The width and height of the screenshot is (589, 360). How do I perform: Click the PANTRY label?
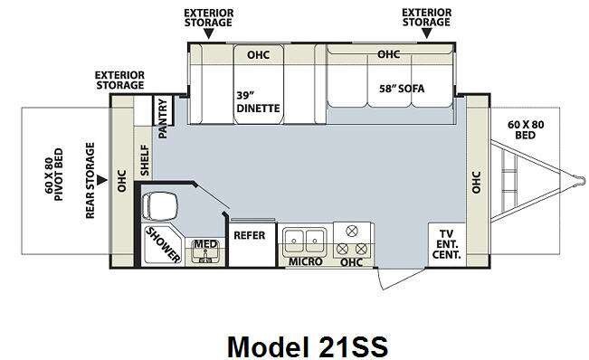163,118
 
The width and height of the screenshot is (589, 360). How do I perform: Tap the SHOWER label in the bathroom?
163,244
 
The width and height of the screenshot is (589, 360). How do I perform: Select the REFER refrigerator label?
250,235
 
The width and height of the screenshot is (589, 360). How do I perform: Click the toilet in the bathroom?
159,205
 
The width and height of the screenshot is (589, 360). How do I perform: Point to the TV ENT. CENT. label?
447,244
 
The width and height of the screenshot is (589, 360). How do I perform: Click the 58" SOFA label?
402,89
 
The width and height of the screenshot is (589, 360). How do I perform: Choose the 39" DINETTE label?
258,101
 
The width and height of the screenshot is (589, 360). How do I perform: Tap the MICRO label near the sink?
306,261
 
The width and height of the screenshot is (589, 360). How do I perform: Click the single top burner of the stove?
352,232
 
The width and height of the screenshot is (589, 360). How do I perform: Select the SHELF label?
145,161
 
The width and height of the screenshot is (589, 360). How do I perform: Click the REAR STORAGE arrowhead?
102,180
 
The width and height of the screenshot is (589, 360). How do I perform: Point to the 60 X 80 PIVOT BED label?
53,175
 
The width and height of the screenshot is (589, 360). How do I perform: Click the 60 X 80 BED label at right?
526,129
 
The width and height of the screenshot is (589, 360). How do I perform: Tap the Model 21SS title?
308,346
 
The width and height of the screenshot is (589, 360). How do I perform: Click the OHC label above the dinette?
259,55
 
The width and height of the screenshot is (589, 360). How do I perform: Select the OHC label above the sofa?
389,54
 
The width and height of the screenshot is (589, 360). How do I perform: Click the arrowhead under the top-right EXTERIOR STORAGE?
426,33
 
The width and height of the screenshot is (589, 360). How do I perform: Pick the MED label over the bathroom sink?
205,244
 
